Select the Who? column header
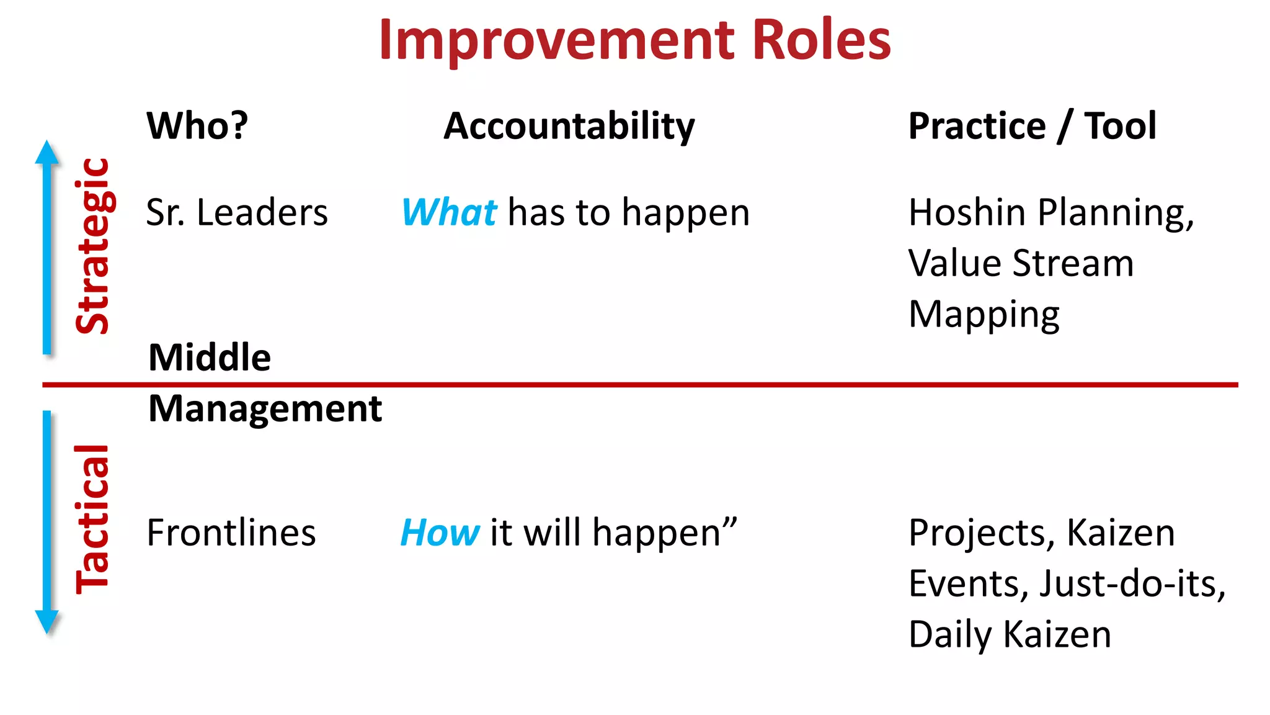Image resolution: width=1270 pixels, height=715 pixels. [x=197, y=126]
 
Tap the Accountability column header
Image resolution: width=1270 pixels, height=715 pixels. [x=569, y=127]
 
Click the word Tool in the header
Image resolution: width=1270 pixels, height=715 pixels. [x=1120, y=126]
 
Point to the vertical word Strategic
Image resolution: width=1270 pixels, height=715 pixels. [x=93, y=246]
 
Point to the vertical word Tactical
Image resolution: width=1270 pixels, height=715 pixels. [x=93, y=520]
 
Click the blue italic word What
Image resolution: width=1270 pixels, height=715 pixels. [x=449, y=213]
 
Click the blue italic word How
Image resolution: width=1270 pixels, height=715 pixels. [x=440, y=533]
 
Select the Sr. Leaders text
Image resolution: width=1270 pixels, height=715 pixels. [x=237, y=213]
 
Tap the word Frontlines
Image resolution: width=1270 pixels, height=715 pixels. [x=231, y=533]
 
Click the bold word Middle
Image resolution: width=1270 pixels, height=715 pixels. [x=210, y=357]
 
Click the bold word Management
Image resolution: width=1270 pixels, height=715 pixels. [x=265, y=409]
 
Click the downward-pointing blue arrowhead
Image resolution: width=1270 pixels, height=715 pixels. [x=47, y=621]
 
